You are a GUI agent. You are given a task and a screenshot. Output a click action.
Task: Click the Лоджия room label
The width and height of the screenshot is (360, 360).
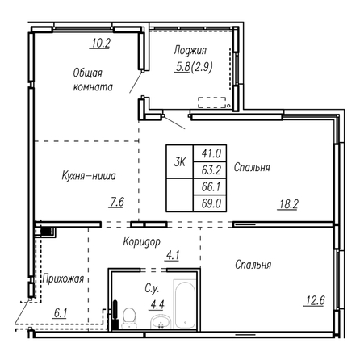coord(190,51)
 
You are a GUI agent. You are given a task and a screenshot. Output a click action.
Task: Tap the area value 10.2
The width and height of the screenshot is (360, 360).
coord(100,43)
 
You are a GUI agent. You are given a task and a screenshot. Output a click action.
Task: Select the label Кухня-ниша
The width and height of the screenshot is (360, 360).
coord(89,176)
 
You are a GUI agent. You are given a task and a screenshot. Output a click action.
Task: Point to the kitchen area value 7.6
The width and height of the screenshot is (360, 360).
coord(116,202)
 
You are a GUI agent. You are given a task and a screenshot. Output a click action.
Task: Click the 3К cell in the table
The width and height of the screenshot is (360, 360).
coord(179,161)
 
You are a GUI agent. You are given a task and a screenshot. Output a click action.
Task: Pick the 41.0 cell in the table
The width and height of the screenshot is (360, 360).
coord(211,153)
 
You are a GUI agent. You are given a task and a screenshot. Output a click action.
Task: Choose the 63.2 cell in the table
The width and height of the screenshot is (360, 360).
coord(211,170)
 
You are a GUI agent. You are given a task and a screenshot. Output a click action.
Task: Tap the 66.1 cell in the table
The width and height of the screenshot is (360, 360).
coord(211,186)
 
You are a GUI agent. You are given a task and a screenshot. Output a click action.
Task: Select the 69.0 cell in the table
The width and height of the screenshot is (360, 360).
coord(211,203)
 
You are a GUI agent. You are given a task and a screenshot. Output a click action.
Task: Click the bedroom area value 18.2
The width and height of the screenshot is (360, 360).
coord(288,204)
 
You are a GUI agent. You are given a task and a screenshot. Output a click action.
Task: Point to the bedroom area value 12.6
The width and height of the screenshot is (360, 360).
coord(315,300)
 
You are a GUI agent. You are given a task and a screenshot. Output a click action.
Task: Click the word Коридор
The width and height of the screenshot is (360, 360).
coord(141,241)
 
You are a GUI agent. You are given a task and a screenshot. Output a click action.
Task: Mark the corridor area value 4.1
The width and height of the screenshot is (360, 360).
coord(173,255)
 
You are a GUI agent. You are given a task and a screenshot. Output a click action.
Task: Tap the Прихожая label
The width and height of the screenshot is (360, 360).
coord(63,278)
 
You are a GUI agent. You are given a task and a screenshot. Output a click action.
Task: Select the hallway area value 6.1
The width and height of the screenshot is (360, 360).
coord(61,313)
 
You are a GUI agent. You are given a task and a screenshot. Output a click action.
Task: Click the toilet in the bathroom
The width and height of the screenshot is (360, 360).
coord(129,318)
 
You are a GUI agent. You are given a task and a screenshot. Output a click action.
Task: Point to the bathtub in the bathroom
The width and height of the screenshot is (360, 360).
coord(185,303)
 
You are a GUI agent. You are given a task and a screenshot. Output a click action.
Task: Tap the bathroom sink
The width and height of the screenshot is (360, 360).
coord(161,321)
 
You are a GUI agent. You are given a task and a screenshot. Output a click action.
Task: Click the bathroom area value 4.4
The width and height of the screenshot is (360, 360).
coord(157,305)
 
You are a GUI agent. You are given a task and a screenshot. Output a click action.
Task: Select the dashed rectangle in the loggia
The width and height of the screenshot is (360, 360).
coord(212,103)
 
